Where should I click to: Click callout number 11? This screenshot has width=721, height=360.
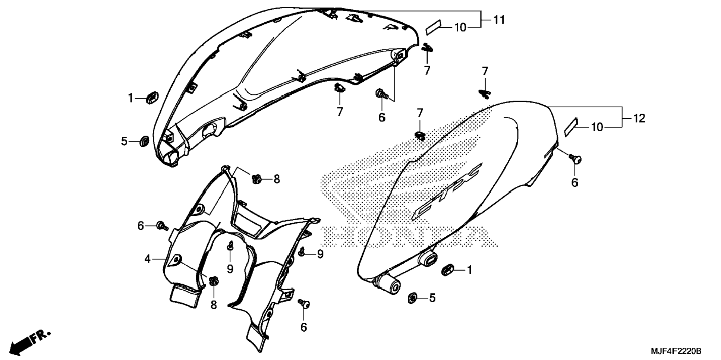pos(499,20)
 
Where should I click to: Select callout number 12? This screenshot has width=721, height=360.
pos(639,119)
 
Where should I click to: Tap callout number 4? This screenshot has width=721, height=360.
pos(147,259)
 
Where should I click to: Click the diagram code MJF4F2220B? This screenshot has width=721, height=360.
pos(676,351)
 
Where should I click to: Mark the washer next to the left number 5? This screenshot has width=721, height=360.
pos(144,142)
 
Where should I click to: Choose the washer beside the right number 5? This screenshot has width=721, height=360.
pos(413,297)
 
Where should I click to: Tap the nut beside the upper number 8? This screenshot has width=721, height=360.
pos(257,179)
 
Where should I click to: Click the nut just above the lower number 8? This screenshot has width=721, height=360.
pos(214,281)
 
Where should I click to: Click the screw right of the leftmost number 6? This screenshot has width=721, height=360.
pos(162,225)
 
